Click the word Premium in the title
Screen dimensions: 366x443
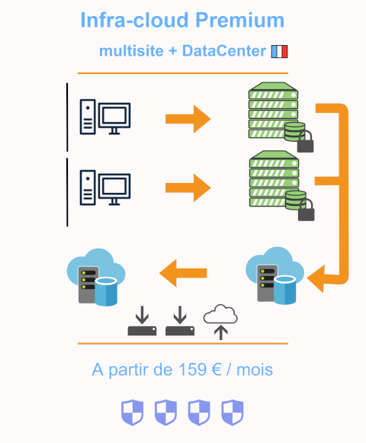[x=239, y=20]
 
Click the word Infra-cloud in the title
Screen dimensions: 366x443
[x=134, y=20]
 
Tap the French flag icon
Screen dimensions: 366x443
[x=279, y=51]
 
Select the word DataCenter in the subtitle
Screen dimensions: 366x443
[x=224, y=51]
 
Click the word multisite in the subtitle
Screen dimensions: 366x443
[x=131, y=51]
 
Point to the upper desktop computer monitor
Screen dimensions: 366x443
[x=114, y=118]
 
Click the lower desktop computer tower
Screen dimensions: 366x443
[x=88, y=188]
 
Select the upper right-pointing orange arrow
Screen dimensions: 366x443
[x=188, y=119]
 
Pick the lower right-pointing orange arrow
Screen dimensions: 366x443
[x=188, y=188]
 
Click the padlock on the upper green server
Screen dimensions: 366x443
[x=305, y=142]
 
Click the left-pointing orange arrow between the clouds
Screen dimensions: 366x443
[x=183, y=273]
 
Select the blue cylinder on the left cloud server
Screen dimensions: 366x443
[x=106, y=291]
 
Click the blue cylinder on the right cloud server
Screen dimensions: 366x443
[x=284, y=291]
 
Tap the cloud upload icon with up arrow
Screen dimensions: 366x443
[x=220, y=322]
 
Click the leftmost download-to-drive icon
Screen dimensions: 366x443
[x=142, y=321]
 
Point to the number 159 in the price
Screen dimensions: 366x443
[x=192, y=369]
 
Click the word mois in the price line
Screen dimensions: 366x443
[x=255, y=369]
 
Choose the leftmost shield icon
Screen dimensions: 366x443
[x=132, y=413]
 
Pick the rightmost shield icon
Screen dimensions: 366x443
[x=233, y=413]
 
